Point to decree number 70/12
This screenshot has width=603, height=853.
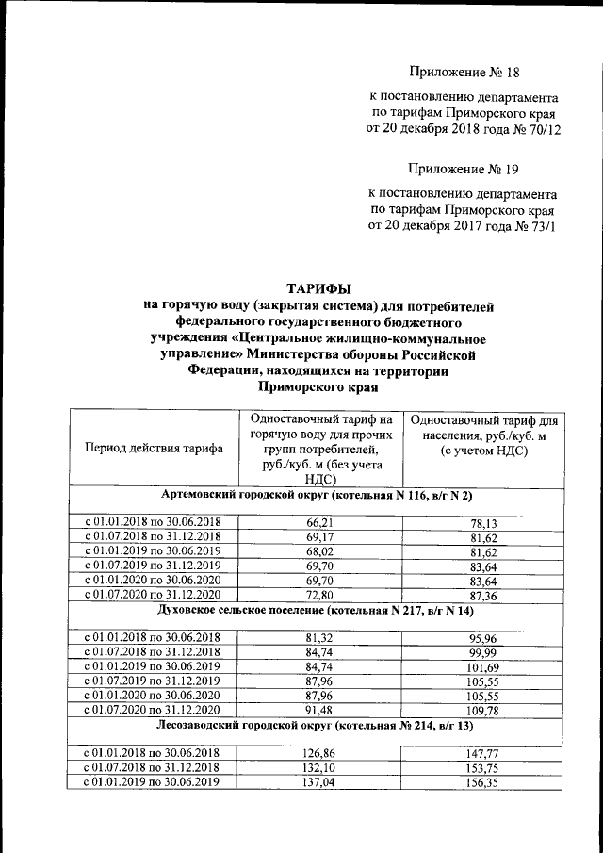[x=542, y=130]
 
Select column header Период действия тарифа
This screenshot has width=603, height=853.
[x=155, y=449]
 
